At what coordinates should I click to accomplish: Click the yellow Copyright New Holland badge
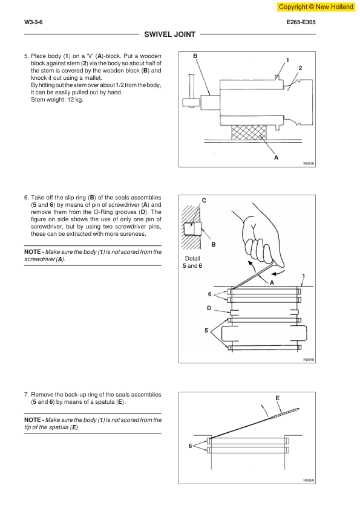coord(316,7)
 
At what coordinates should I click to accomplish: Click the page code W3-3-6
coord(33,22)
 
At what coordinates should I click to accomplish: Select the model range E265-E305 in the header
coord(301,22)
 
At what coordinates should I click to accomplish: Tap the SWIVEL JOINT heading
coord(169,34)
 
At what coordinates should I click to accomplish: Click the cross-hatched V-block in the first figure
coord(249,133)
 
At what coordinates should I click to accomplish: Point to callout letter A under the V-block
coord(276,157)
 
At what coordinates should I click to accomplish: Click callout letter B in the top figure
coord(195,56)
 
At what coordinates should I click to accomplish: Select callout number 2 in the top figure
coord(300,68)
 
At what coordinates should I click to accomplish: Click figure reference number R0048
coord(309,164)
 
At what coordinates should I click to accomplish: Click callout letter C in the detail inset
coord(204,201)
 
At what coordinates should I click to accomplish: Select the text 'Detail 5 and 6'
coord(192,262)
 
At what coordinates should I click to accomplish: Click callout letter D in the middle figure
coord(209,308)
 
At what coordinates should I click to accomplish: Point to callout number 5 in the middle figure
coord(206,331)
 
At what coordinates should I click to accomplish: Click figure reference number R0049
coord(309,360)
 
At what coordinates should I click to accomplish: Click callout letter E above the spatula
coord(278,398)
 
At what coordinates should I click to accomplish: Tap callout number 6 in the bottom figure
coord(191,446)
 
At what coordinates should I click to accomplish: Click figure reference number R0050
coord(309,481)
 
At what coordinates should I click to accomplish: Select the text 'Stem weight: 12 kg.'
coord(57,100)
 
